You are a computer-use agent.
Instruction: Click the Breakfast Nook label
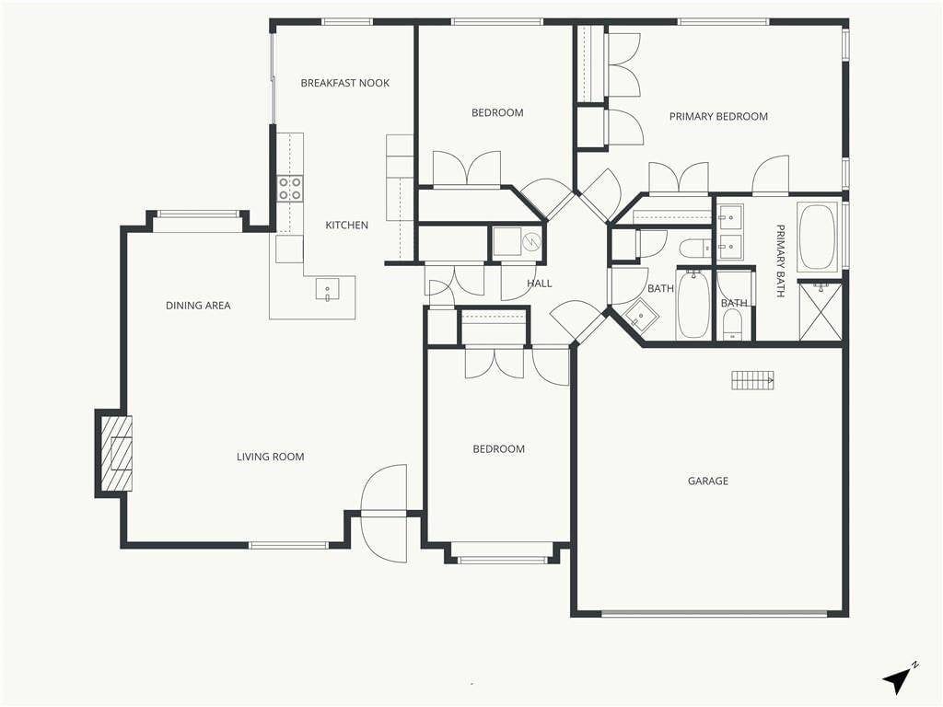point(344,83)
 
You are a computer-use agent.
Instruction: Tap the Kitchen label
point(346,226)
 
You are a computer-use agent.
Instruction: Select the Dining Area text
point(198,306)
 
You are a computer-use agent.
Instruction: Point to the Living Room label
point(270,457)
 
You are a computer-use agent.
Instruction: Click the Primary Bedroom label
point(718,117)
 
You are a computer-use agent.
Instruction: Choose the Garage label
point(708,481)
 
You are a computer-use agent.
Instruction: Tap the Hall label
point(540,284)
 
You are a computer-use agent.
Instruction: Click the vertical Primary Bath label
point(780,261)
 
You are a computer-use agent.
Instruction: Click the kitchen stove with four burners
point(289,188)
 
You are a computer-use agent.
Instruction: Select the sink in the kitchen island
point(327,288)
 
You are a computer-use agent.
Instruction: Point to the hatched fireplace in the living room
point(115,453)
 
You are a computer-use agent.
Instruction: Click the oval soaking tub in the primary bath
point(817,237)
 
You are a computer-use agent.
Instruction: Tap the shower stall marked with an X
point(820,311)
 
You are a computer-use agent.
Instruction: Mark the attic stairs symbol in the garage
point(752,380)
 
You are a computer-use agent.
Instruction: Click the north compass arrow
point(899,679)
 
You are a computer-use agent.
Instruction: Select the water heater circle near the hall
point(532,243)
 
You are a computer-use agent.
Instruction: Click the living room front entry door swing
point(384,514)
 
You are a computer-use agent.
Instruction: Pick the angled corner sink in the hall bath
point(641,316)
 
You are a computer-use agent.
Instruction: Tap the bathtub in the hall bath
point(693,305)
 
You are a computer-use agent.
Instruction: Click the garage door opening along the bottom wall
point(715,614)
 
